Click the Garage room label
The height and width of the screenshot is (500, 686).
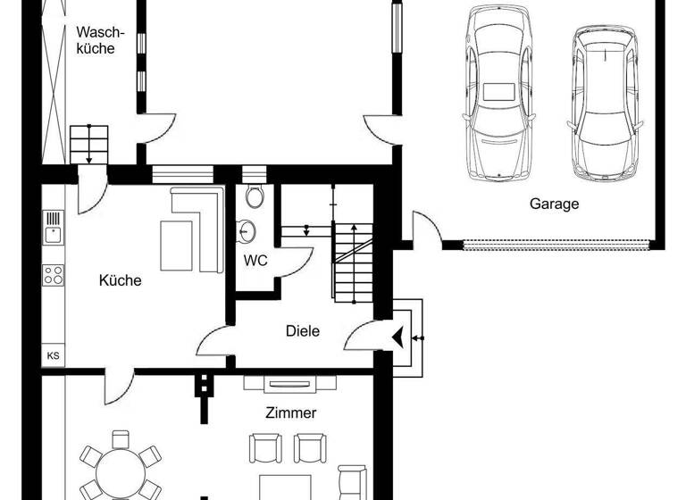(554, 204)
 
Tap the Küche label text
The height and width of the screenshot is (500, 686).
(120, 280)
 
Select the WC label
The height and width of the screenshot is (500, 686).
(256, 261)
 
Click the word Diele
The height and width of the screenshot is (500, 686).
(302, 330)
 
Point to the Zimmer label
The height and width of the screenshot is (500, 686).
(290, 412)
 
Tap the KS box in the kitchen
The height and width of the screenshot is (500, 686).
(54, 355)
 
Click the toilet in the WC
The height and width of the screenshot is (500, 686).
(255, 196)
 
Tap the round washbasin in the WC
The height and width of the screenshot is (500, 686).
(247, 232)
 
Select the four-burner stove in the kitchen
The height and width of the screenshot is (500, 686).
(54, 275)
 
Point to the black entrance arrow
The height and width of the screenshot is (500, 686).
(397, 337)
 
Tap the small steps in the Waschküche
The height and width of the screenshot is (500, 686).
(88, 143)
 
